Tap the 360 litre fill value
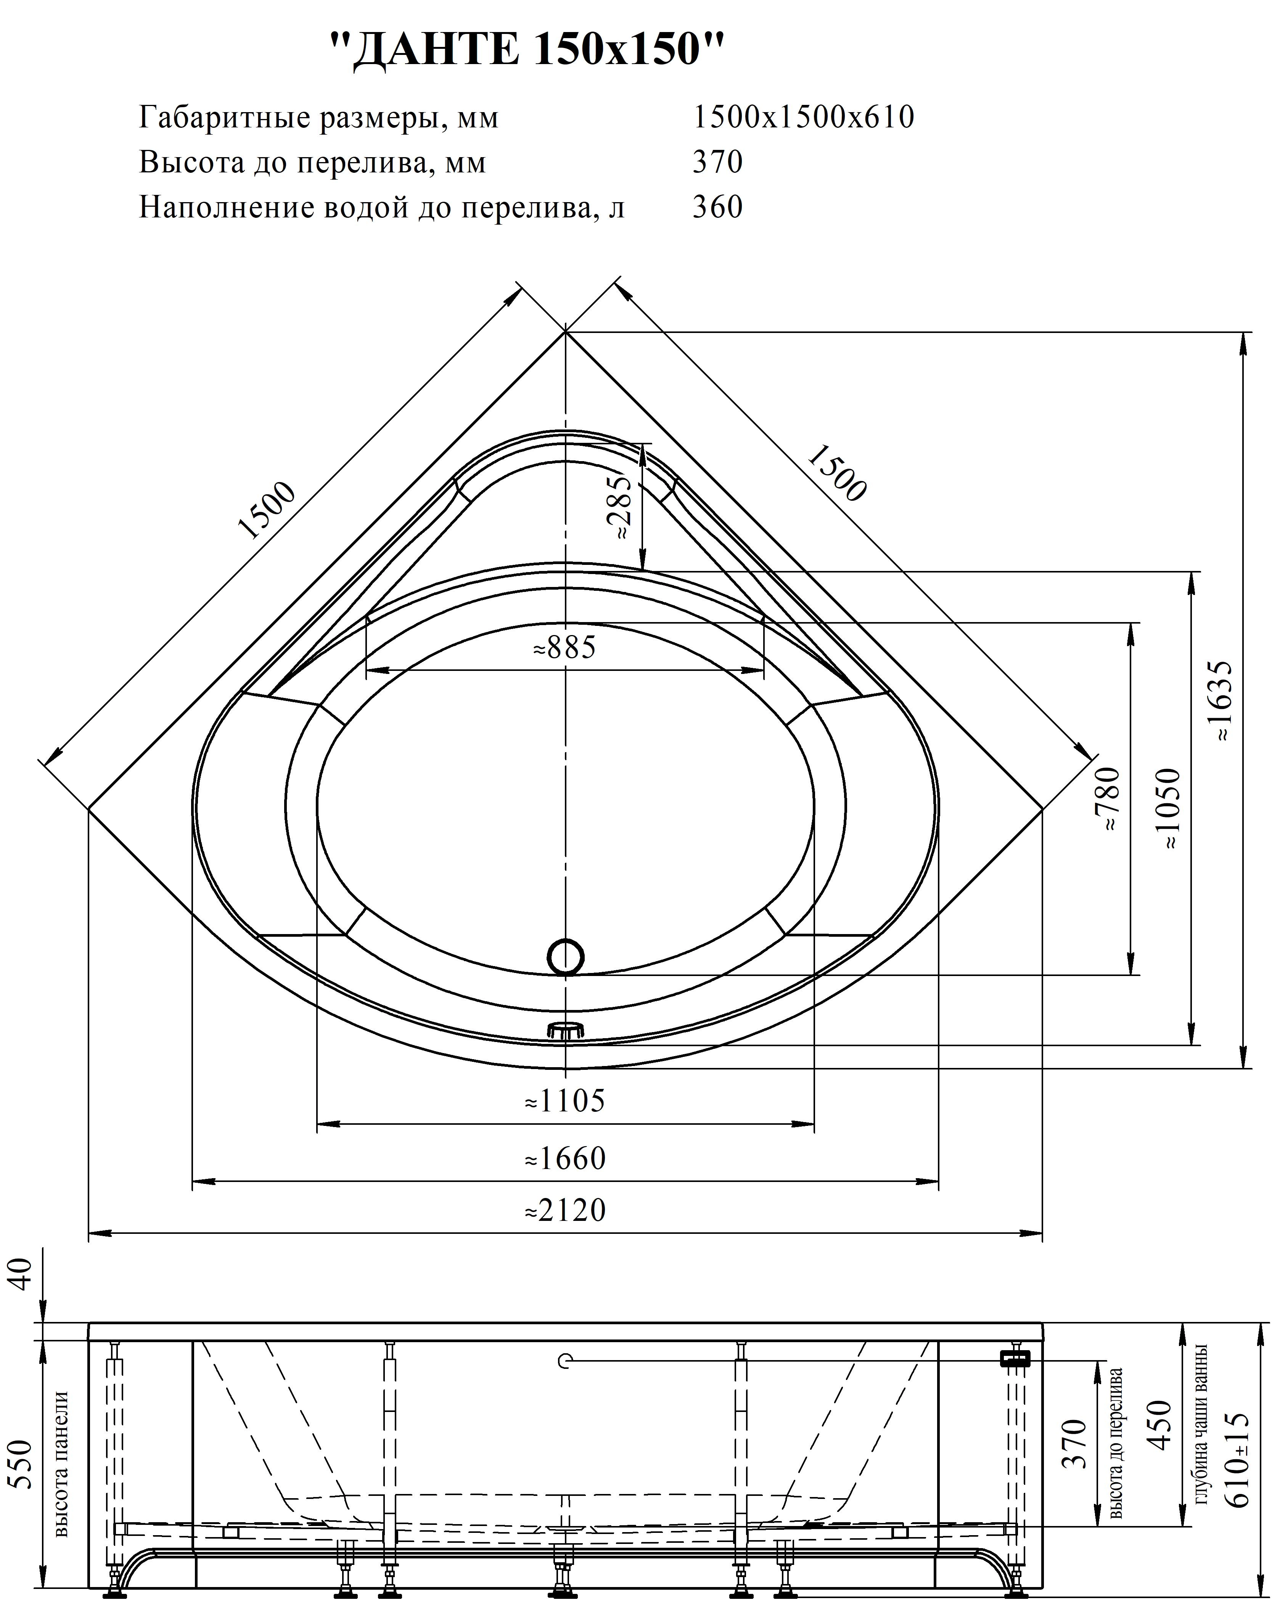point(718,207)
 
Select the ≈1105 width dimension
point(566,1101)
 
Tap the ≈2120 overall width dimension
point(566,1210)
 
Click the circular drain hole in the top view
point(566,957)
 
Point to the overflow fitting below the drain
point(566,1029)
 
